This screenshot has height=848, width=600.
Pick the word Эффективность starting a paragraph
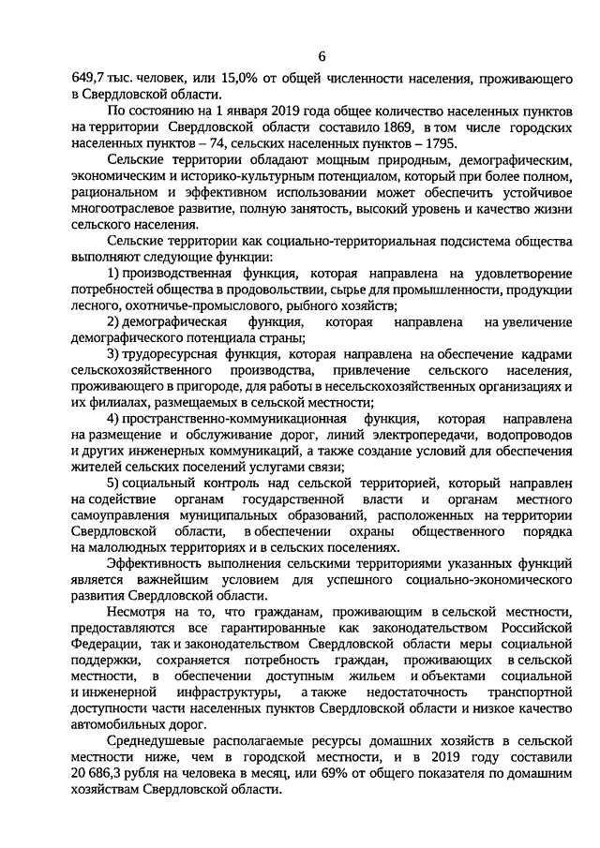(153, 563)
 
